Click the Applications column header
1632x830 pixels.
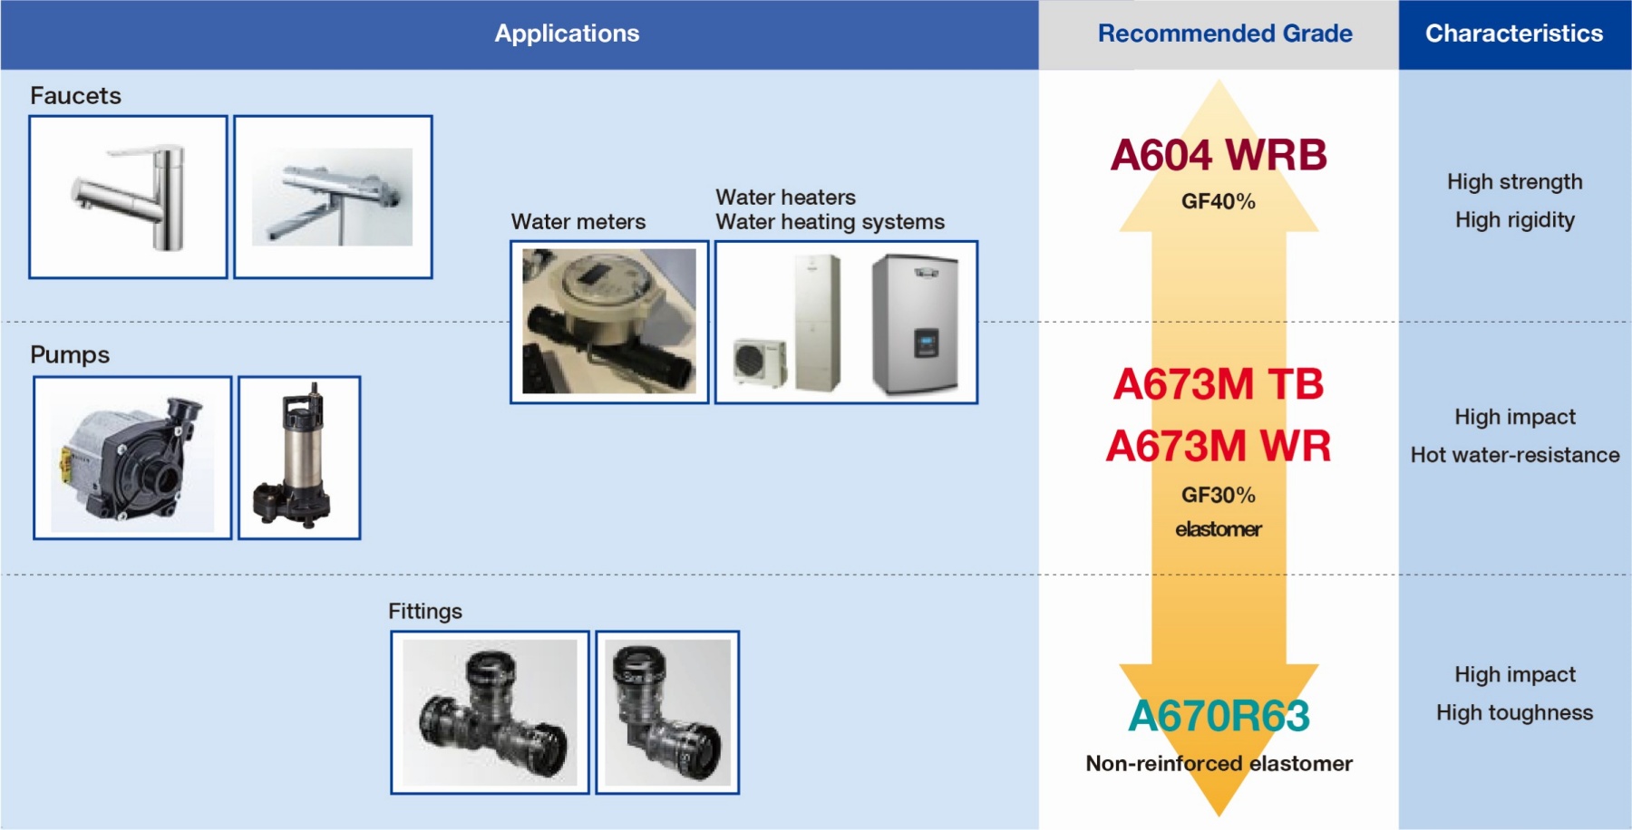point(567,34)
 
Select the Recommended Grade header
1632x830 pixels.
point(1225,34)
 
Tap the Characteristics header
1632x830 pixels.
point(1514,34)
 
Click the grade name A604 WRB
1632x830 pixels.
point(1219,155)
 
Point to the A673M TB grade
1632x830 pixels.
point(1219,384)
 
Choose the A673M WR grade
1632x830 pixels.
point(1219,446)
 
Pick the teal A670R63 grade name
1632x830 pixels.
point(1219,716)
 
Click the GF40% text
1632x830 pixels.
point(1219,201)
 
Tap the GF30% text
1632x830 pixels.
point(1219,495)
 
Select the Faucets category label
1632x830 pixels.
point(75,95)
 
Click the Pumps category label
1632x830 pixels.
point(70,354)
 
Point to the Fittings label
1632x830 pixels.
point(425,612)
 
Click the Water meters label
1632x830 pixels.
point(578,222)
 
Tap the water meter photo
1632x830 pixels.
point(609,322)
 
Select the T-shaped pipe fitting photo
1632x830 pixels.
point(490,712)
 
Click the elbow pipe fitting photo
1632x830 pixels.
point(667,712)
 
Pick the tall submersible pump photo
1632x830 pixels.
point(299,458)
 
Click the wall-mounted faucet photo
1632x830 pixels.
point(333,197)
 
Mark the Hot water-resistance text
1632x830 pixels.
point(1515,455)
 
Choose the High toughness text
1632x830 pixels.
point(1514,713)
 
